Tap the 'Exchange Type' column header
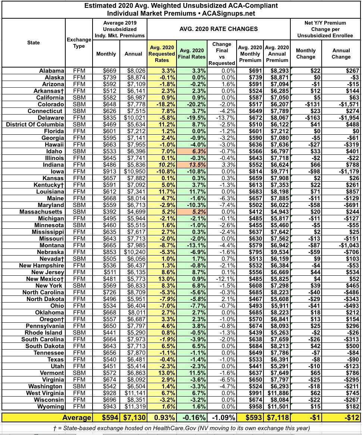coord(79,43)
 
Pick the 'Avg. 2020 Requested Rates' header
coord(162,54)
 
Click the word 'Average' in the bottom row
coord(77,417)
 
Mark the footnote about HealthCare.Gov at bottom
coord(181,428)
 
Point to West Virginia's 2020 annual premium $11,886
coord(277,393)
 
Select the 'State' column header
coord(34,43)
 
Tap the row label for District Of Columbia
coord(35,125)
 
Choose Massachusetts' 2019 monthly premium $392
coord(109,212)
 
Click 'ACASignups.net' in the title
coord(229,13)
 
